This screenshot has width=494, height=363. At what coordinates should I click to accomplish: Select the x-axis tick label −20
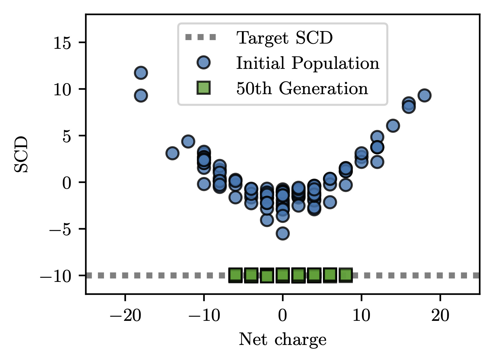point(125,316)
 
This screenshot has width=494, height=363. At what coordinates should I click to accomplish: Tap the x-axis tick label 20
point(440,316)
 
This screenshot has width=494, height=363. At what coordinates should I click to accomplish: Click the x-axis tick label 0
point(283,316)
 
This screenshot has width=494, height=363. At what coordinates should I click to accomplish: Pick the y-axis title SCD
point(21,154)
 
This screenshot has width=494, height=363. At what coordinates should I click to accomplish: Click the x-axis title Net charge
point(283,339)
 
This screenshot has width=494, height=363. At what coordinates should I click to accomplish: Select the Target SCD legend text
point(284,38)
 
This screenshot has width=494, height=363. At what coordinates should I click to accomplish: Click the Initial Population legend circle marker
point(204,63)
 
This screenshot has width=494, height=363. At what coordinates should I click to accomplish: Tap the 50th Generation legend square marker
point(204,88)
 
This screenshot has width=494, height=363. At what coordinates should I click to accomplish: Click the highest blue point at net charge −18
point(141,73)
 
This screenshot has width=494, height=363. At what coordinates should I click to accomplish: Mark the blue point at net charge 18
point(424,95)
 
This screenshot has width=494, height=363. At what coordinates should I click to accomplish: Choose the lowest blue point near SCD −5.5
point(283,233)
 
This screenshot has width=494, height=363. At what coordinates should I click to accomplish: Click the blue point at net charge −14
point(172,153)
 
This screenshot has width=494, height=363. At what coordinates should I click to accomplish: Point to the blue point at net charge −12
point(188,142)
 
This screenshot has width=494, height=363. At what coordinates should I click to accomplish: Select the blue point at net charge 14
point(393,126)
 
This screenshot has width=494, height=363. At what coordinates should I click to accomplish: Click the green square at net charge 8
point(346,275)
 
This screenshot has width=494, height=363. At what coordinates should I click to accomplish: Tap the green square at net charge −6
point(235,275)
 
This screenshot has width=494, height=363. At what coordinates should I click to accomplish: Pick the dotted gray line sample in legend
point(201,37)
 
